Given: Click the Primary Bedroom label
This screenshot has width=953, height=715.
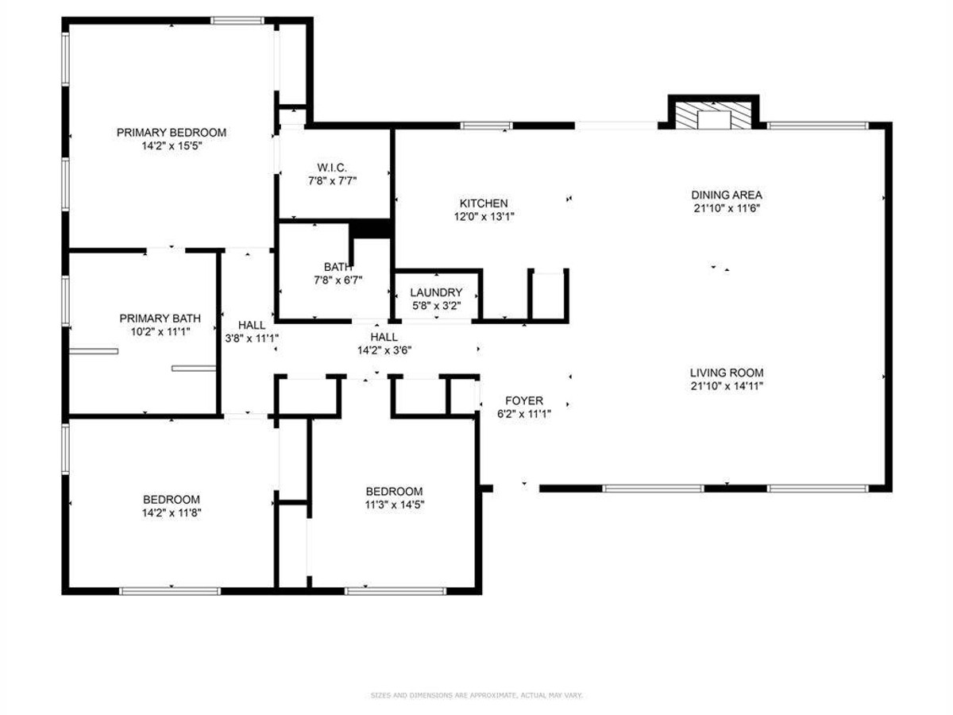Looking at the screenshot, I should point(172,133).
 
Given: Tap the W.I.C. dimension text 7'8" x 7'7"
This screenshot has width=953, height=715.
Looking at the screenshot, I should point(332,181).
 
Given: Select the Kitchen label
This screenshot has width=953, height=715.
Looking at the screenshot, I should point(483,203).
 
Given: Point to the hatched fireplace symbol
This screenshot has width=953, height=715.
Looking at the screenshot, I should point(714,115).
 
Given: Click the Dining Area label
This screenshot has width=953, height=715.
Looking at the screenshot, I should point(727,195).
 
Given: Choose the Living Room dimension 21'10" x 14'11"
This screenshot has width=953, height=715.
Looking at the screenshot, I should point(727,386).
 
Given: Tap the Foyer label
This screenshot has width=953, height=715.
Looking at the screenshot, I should point(524,400).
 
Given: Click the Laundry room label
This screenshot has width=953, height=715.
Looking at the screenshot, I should point(436,292).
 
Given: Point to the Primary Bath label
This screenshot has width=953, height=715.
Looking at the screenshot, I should point(155,318).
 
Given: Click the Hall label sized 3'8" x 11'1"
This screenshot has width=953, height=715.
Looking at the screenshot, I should point(252,330).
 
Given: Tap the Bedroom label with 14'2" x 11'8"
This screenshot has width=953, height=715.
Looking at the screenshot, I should point(172,506).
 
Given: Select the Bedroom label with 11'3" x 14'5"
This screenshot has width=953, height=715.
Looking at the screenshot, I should point(394,497).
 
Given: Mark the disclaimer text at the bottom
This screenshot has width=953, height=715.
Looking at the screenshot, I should point(476,696).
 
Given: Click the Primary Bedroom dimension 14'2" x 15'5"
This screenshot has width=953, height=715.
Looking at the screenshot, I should point(172,146).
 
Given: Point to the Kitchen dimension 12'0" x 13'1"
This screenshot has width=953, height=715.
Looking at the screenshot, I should point(483,217).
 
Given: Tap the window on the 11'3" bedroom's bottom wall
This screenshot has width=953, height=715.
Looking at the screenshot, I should point(395,590).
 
